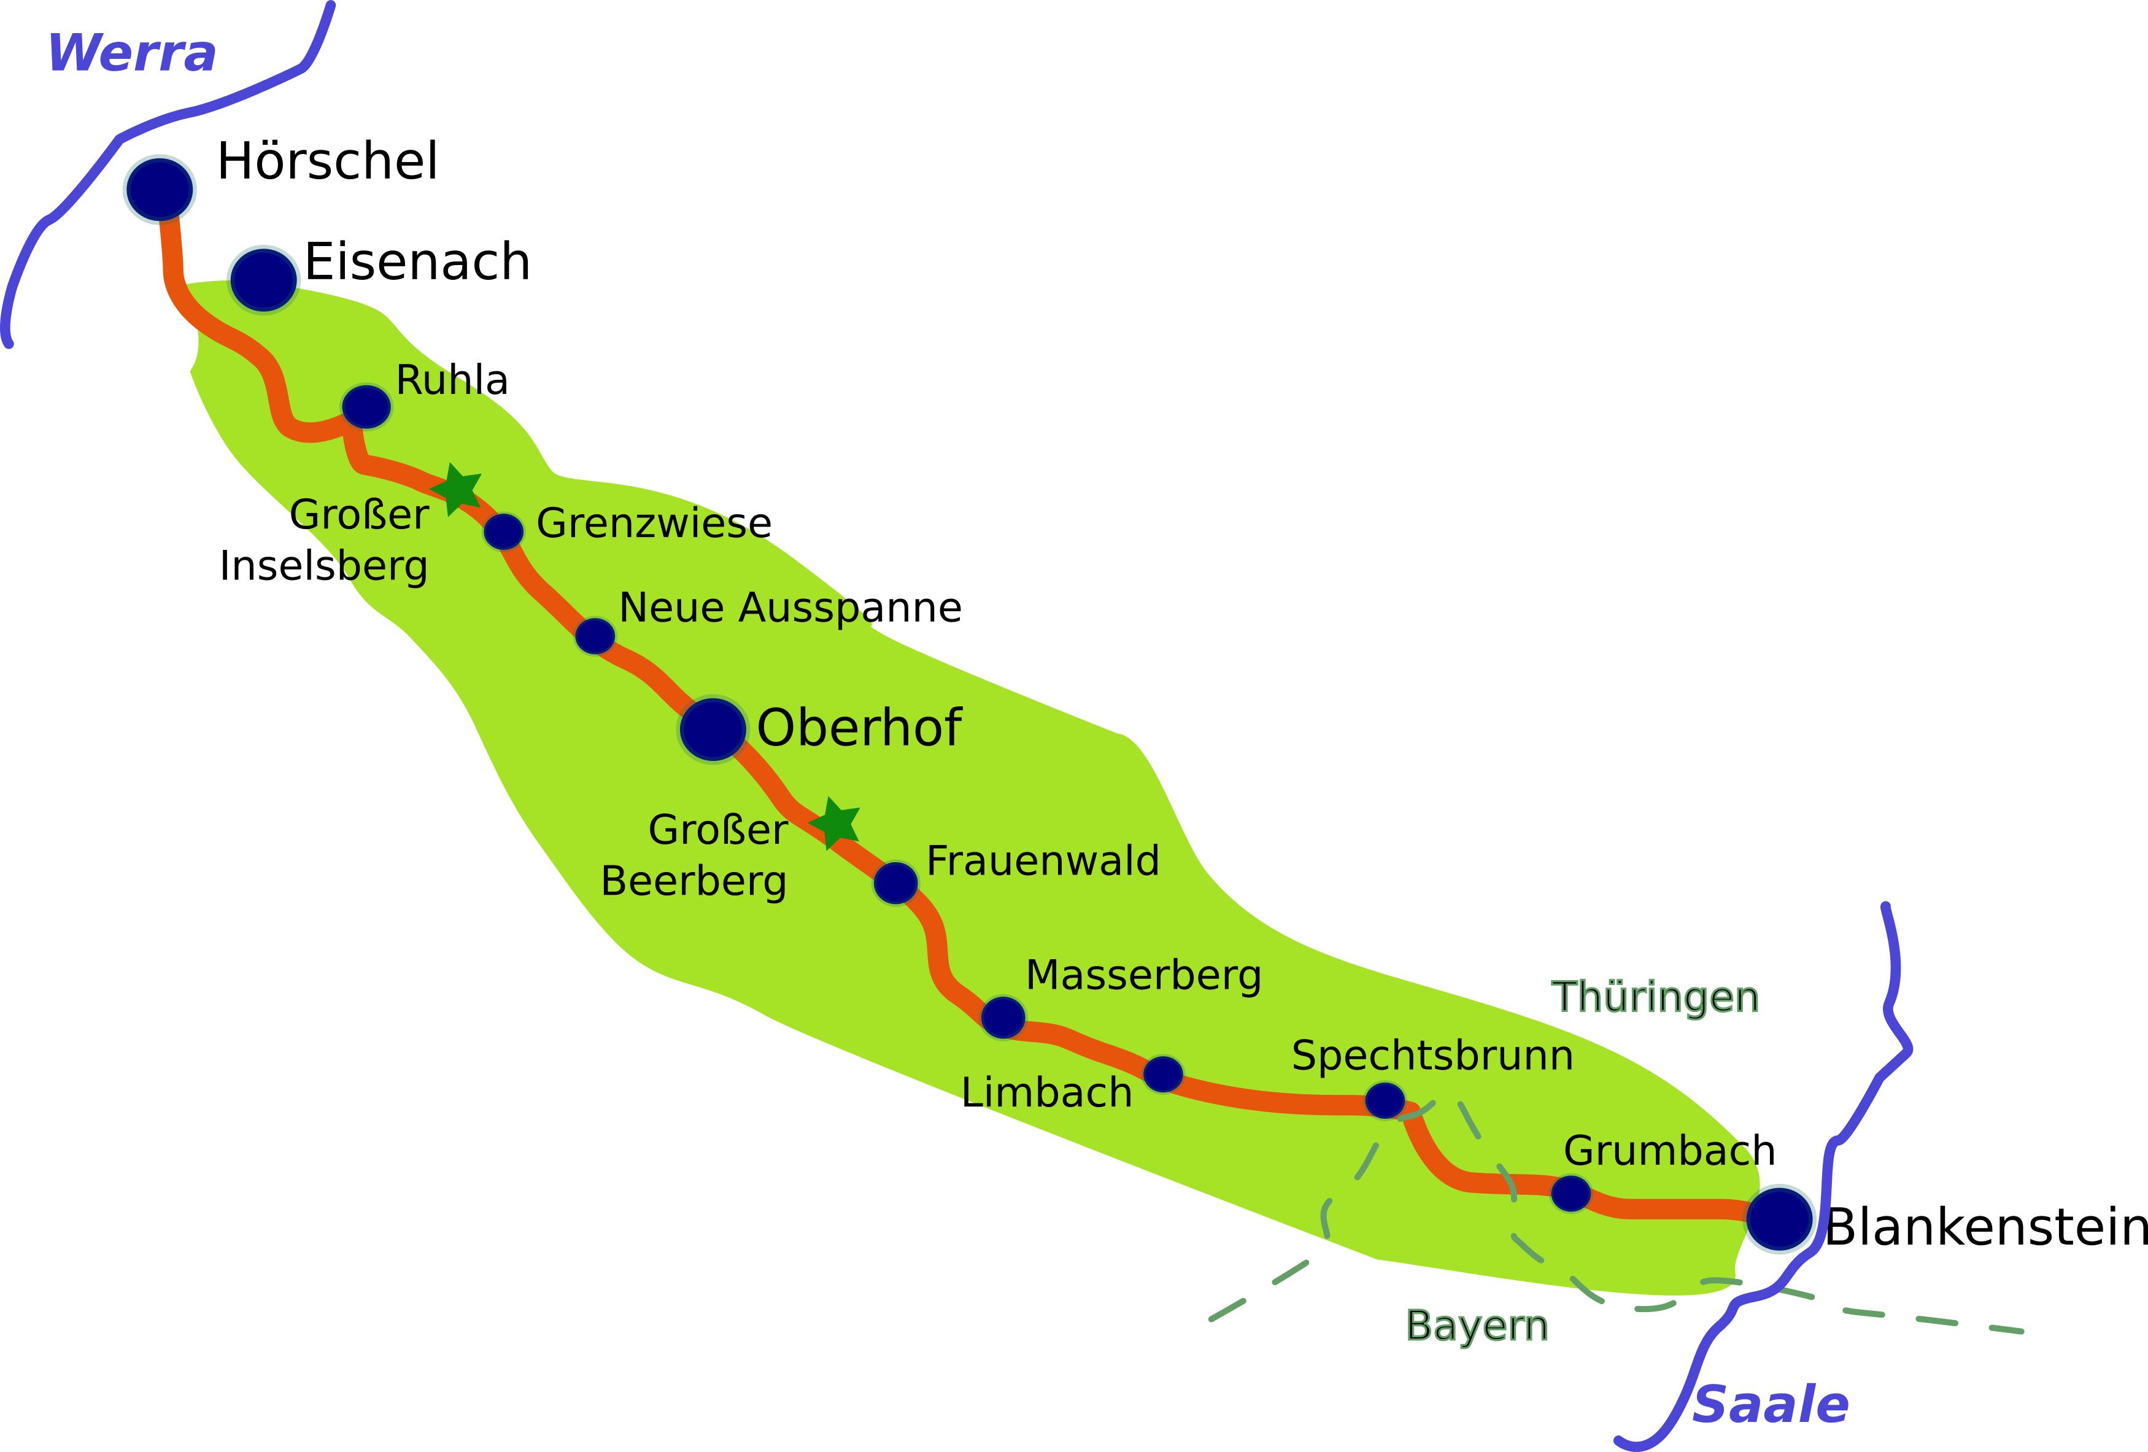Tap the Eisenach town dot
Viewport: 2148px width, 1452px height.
point(263,279)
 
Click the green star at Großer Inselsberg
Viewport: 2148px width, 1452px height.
point(457,489)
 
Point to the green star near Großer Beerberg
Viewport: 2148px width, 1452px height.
point(835,822)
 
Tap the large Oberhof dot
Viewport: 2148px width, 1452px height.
point(713,729)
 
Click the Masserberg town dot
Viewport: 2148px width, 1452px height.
point(1003,1018)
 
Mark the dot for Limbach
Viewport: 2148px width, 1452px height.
point(1163,1074)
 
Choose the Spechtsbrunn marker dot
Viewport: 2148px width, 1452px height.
point(1385,1100)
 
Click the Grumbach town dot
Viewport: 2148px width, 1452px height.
point(1570,1193)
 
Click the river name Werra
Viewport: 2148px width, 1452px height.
point(132,53)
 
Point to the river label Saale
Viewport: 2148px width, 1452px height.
point(1771,1405)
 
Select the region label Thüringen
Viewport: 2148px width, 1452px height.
point(1655,997)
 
